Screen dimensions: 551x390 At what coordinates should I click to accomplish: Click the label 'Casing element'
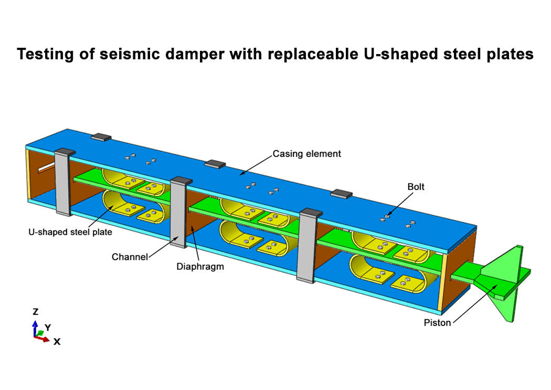point(306,154)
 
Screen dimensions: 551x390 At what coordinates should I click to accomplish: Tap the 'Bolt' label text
point(416,186)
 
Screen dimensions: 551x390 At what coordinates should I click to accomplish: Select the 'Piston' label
point(437,322)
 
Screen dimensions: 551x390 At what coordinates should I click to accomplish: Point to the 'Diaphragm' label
point(200,267)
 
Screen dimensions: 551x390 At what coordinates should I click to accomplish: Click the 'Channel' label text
point(130,257)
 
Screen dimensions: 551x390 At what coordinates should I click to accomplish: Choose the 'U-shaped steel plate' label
point(70,232)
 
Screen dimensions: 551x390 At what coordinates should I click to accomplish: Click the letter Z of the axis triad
point(36,312)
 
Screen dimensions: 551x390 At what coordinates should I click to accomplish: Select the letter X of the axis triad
point(57,342)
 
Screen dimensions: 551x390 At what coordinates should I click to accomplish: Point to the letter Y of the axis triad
point(48,328)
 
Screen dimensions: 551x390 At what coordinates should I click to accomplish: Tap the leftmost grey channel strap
point(65,182)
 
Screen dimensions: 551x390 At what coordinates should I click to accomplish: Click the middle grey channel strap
point(179,213)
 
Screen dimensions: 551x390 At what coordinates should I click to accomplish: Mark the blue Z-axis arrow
point(35,328)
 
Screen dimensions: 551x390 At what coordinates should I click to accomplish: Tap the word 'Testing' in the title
point(45,55)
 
